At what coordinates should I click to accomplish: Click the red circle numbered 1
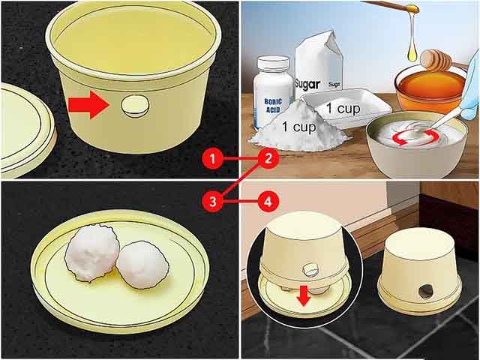pyautogui.click(x=213, y=159)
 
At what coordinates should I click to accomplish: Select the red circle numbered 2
pyautogui.click(x=268, y=159)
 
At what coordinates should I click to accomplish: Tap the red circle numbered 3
pyautogui.click(x=213, y=201)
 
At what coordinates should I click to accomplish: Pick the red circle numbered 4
pyautogui.click(x=268, y=201)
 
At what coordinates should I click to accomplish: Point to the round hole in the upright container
pyautogui.click(x=133, y=107)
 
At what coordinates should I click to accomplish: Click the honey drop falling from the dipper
pyautogui.click(x=412, y=49)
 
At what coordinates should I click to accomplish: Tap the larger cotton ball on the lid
pyautogui.click(x=90, y=251)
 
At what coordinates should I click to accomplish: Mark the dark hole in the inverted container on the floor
pyautogui.click(x=426, y=292)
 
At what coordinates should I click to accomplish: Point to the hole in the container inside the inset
pyautogui.click(x=310, y=268)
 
